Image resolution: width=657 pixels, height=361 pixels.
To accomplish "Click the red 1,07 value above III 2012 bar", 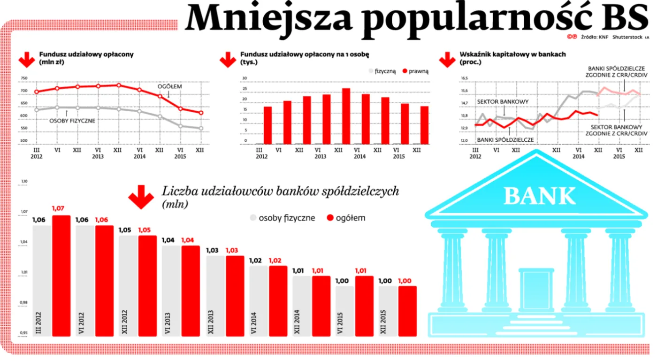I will pyautogui.click(x=61, y=208).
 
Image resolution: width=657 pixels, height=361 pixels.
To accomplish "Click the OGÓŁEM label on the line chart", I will pyautogui.click(x=169, y=86).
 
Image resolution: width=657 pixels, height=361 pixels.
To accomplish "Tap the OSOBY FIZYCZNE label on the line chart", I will pyautogui.click(x=72, y=121).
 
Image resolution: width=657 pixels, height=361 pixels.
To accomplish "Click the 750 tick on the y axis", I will pyautogui.click(x=24, y=79).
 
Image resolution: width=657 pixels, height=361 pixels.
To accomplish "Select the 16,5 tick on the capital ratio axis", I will pyautogui.click(x=464, y=78).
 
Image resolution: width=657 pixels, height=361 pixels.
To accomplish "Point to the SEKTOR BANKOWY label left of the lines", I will pyautogui.click(x=503, y=102).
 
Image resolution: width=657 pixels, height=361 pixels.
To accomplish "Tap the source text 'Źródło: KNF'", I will pyautogui.click(x=594, y=38).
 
